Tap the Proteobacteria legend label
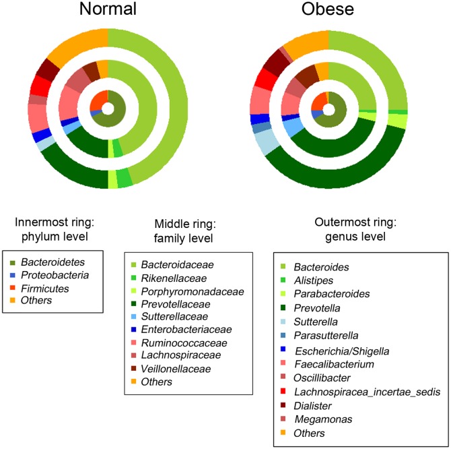tap(54, 274)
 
